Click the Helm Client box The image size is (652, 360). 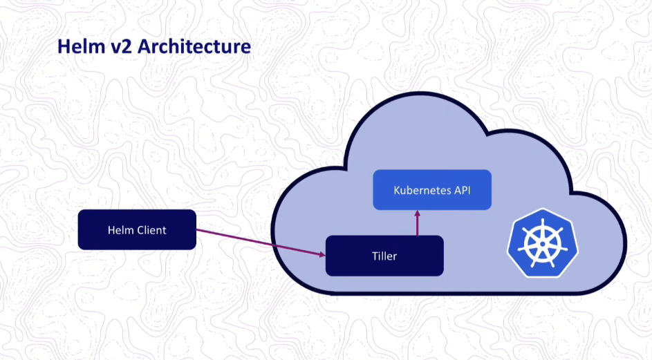click(x=137, y=229)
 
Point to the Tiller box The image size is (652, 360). click(x=384, y=256)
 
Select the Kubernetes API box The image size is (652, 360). click(x=432, y=190)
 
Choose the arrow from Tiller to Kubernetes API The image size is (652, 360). click(x=417, y=224)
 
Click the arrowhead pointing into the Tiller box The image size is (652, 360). click(x=321, y=254)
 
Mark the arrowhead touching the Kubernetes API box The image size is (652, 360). click(x=417, y=214)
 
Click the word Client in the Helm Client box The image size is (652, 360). click(x=151, y=229)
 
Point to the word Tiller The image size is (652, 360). click(x=384, y=256)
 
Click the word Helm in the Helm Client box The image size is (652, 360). click(x=120, y=229)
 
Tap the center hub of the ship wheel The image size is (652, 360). click(x=540, y=243)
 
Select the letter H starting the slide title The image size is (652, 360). click(x=63, y=47)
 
